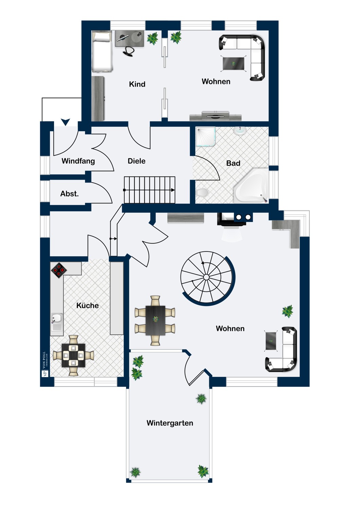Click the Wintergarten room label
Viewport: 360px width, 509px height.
pos(170,423)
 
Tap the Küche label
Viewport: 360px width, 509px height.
pos(87,305)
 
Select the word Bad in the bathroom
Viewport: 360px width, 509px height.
pos(233,163)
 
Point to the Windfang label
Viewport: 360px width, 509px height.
pos(78,161)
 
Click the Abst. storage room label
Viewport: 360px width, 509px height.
pos(69,194)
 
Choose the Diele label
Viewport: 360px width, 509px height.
pos(137,161)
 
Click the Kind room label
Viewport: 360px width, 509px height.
pos(137,84)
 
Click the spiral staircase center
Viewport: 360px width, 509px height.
pos(206,277)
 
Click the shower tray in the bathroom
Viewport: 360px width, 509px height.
pos(206,136)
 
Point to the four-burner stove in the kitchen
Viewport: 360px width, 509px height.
pos(59,270)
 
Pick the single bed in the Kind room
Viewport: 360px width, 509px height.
pos(102,52)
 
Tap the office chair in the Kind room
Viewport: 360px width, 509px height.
pos(129,51)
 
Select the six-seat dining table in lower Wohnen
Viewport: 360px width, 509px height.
pos(155,320)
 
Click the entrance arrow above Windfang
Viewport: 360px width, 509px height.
pos(65,122)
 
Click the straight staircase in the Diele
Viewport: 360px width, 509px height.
pos(149,190)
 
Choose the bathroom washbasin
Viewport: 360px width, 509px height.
pos(240,131)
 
